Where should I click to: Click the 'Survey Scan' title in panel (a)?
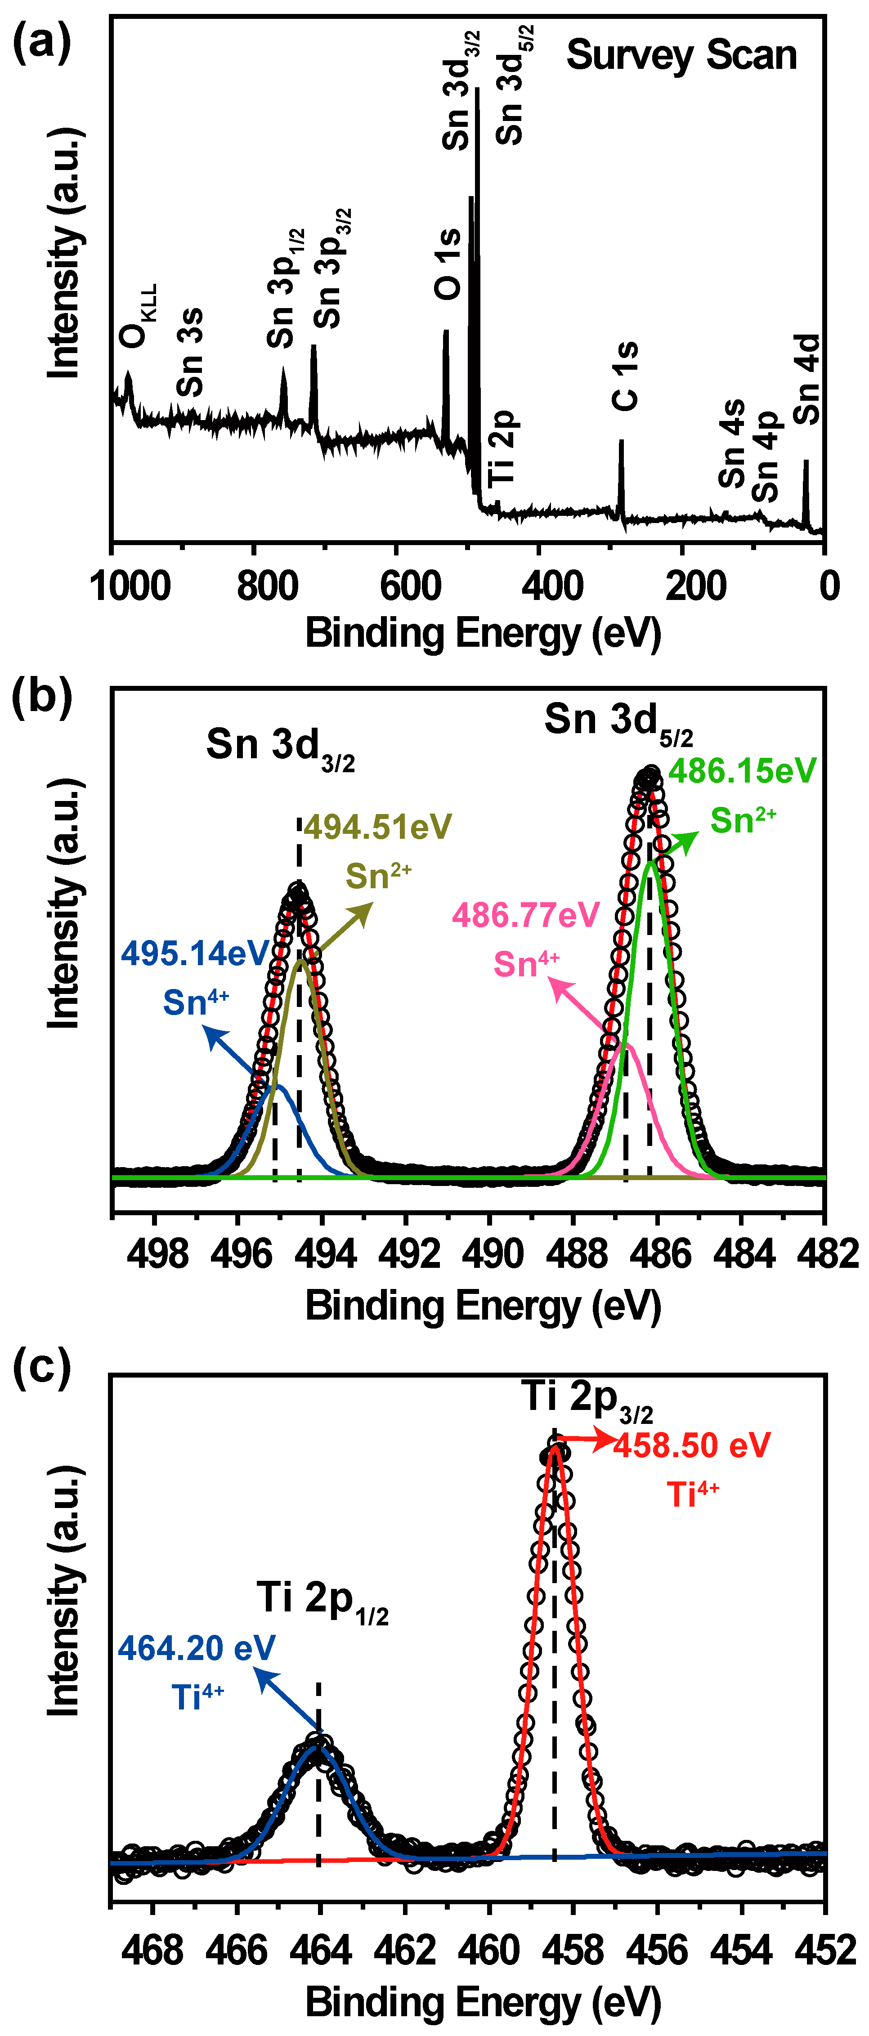pos(681,55)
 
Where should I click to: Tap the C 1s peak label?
pos(625,376)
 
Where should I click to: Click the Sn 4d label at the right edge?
pos(807,380)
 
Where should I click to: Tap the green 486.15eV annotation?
pos(742,770)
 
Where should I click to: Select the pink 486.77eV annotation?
pos(526,915)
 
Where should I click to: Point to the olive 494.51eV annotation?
pos(377,827)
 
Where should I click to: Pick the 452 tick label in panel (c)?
pos(824,1951)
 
